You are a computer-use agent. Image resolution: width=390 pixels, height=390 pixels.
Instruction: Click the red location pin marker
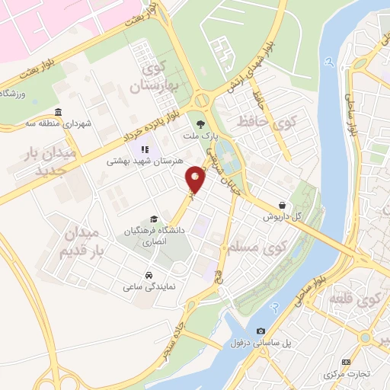(x=197, y=180)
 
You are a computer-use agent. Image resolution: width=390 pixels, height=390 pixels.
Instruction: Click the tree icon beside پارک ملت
(x=200, y=123)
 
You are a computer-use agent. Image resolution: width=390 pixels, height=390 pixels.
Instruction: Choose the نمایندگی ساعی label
(x=147, y=287)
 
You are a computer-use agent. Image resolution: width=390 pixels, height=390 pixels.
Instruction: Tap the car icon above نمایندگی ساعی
(x=148, y=274)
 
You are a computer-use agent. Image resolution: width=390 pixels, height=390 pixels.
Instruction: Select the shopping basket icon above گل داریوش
(x=283, y=205)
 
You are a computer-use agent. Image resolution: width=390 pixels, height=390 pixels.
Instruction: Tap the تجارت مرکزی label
(x=347, y=374)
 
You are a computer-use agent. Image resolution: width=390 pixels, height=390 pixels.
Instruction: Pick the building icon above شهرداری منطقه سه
(x=59, y=111)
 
